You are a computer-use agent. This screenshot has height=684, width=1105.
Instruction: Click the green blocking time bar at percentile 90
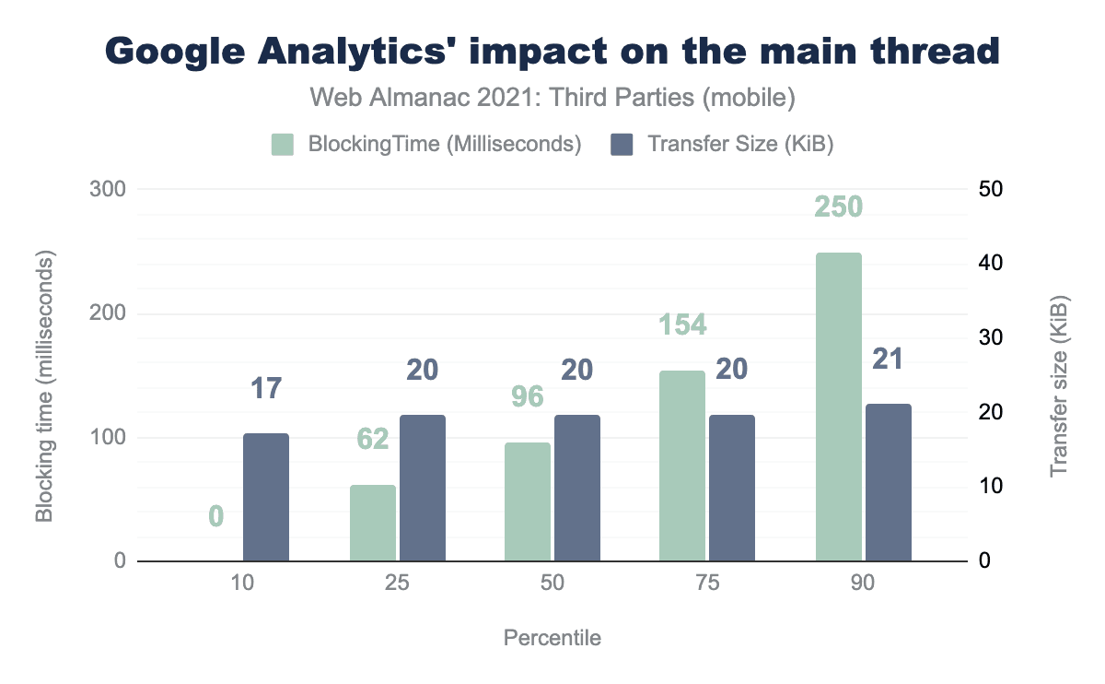838,406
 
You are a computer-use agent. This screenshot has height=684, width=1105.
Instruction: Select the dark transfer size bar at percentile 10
266,497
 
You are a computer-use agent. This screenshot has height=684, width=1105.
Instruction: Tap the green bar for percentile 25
373,523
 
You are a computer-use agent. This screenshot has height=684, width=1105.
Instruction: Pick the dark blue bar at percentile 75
731,488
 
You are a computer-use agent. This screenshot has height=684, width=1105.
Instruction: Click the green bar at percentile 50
528,501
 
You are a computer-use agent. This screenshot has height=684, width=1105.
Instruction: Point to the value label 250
838,206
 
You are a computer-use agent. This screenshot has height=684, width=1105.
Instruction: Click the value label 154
682,324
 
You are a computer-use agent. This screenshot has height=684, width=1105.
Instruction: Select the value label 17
266,388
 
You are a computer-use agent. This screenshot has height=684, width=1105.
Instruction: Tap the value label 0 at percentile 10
216,516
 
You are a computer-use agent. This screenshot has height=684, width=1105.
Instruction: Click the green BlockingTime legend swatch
283,145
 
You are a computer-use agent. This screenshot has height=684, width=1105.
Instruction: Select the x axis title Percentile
552,638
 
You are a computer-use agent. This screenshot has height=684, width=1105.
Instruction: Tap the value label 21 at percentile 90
887,360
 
